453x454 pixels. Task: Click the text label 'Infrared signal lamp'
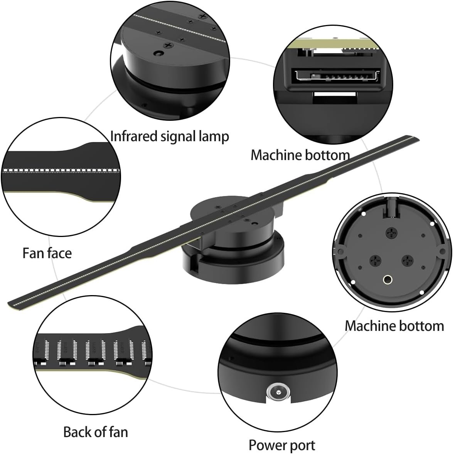pyautogui.click(x=170, y=136)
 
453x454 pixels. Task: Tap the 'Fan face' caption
pyautogui.click(x=47, y=253)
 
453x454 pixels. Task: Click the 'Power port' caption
pyautogui.click(x=281, y=445)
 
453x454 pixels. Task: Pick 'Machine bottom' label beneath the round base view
pyautogui.click(x=394, y=325)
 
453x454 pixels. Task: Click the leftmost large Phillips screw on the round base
pyautogui.click(x=376, y=261)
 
